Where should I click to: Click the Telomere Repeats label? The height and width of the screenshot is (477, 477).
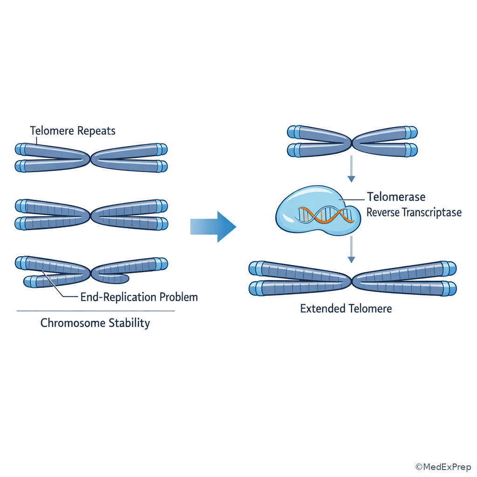73,130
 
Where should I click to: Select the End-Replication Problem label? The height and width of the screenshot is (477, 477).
139,297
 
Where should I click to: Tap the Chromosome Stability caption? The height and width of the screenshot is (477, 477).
95,323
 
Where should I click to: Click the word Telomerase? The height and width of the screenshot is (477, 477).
396,197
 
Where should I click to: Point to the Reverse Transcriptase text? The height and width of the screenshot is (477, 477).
414,213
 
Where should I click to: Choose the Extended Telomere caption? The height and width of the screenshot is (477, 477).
346,308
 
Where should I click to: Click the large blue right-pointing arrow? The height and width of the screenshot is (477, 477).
214,226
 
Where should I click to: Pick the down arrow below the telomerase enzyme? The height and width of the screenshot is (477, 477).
352,249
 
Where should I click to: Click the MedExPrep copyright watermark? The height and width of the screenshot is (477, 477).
443,467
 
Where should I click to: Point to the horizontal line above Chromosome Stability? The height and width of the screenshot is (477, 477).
95,311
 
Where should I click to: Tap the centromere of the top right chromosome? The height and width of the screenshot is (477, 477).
352,141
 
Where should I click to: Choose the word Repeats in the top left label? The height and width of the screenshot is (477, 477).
97,130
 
